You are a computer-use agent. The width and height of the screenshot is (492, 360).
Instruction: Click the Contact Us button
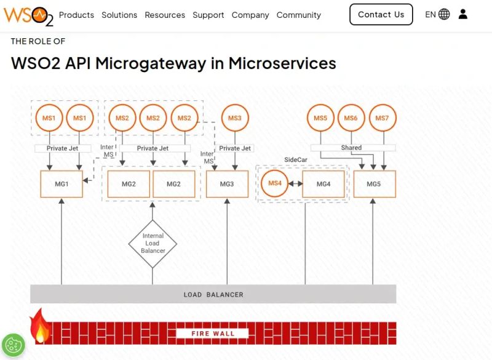pyautogui.click(x=381, y=15)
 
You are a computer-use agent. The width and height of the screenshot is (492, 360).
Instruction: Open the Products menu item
pyautogui.click(x=76, y=15)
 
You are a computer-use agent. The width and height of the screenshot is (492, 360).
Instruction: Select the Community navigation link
pyautogui.click(x=298, y=15)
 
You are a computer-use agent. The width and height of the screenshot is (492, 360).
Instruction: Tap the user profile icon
pyautogui.click(x=463, y=14)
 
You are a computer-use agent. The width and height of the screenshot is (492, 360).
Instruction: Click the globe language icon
pyautogui.click(x=444, y=14)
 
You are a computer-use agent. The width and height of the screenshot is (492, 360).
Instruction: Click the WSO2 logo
pyautogui.click(x=28, y=15)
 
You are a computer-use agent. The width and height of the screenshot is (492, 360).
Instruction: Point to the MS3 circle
pyautogui.click(x=235, y=118)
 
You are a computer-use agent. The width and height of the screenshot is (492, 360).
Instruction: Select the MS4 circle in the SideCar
pyautogui.click(x=275, y=183)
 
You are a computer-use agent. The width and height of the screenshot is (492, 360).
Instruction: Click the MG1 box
pyautogui.click(x=61, y=184)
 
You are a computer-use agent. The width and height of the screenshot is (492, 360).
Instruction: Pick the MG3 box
pyautogui.click(x=227, y=184)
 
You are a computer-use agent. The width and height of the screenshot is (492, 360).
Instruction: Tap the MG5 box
pyautogui.click(x=374, y=184)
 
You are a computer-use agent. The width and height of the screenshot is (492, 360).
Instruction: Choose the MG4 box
pyautogui.click(x=323, y=184)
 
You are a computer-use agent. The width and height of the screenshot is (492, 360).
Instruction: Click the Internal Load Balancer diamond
pyautogui.click(x=153, y=244)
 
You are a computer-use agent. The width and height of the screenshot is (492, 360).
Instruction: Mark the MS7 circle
pyautogui.click(x=382, y=118)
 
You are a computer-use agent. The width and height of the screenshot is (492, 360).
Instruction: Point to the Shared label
pyautogui.click(x=351, y=148)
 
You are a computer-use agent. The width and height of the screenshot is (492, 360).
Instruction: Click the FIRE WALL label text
pyautogui.click(x=212, y=334)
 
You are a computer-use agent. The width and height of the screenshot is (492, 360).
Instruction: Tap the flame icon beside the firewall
pyautogui.click(x=40, y=326)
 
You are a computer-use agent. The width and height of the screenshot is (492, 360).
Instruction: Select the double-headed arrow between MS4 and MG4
pyautogui.click(x=295, y=183)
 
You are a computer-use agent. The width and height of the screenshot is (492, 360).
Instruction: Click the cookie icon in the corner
pyautogui.click(x=13, y=345)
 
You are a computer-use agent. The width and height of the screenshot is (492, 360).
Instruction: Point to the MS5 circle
pyautogui.click(x=320, y=118)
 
